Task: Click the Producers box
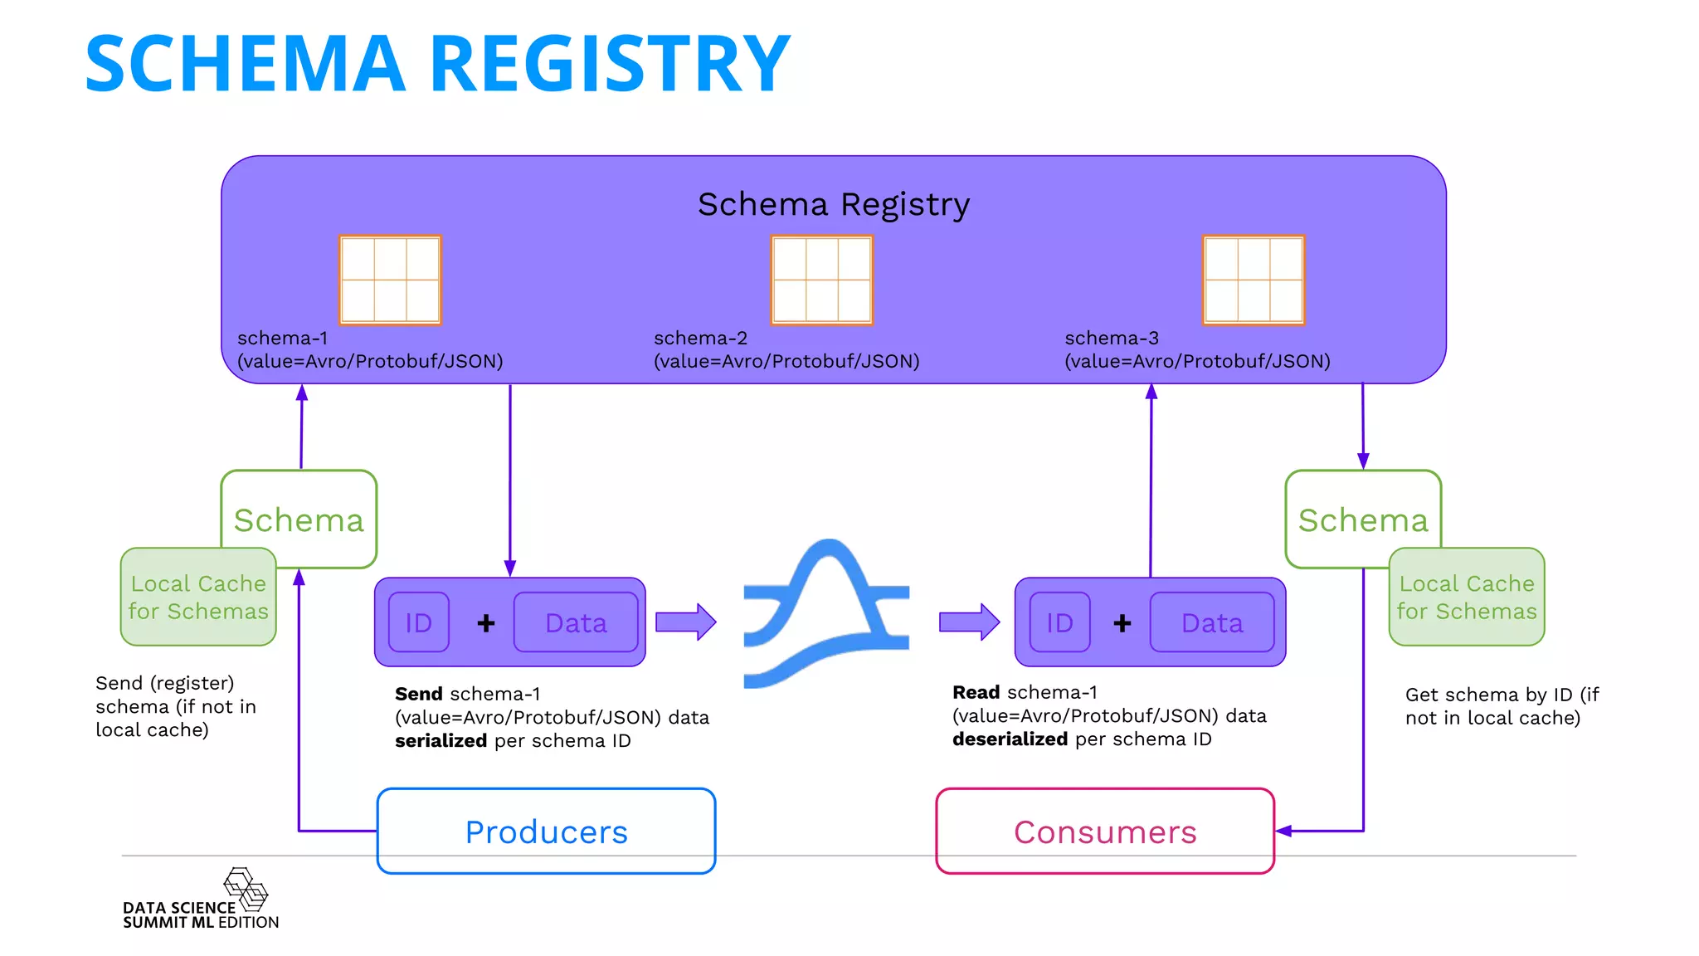(546, 831)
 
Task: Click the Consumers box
(1104, 831)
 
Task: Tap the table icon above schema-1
(390, 280)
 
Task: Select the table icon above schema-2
(821, 280)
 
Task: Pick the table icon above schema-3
(1254, 280)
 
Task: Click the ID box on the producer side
(419, 622)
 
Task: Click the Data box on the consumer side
(1211, 622)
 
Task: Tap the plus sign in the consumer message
(1122, 622)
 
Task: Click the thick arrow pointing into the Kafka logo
(685, 622)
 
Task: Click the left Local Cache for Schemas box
(198, 597)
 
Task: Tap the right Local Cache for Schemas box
(1466, 597)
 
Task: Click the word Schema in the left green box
(299, 520)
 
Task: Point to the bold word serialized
(441, 740)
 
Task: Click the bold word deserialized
(1010, 739)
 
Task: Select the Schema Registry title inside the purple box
(833, 204)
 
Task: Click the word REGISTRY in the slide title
(610, 63)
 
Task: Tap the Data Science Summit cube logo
(246, 889)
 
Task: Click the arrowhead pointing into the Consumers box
(1283, 831)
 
